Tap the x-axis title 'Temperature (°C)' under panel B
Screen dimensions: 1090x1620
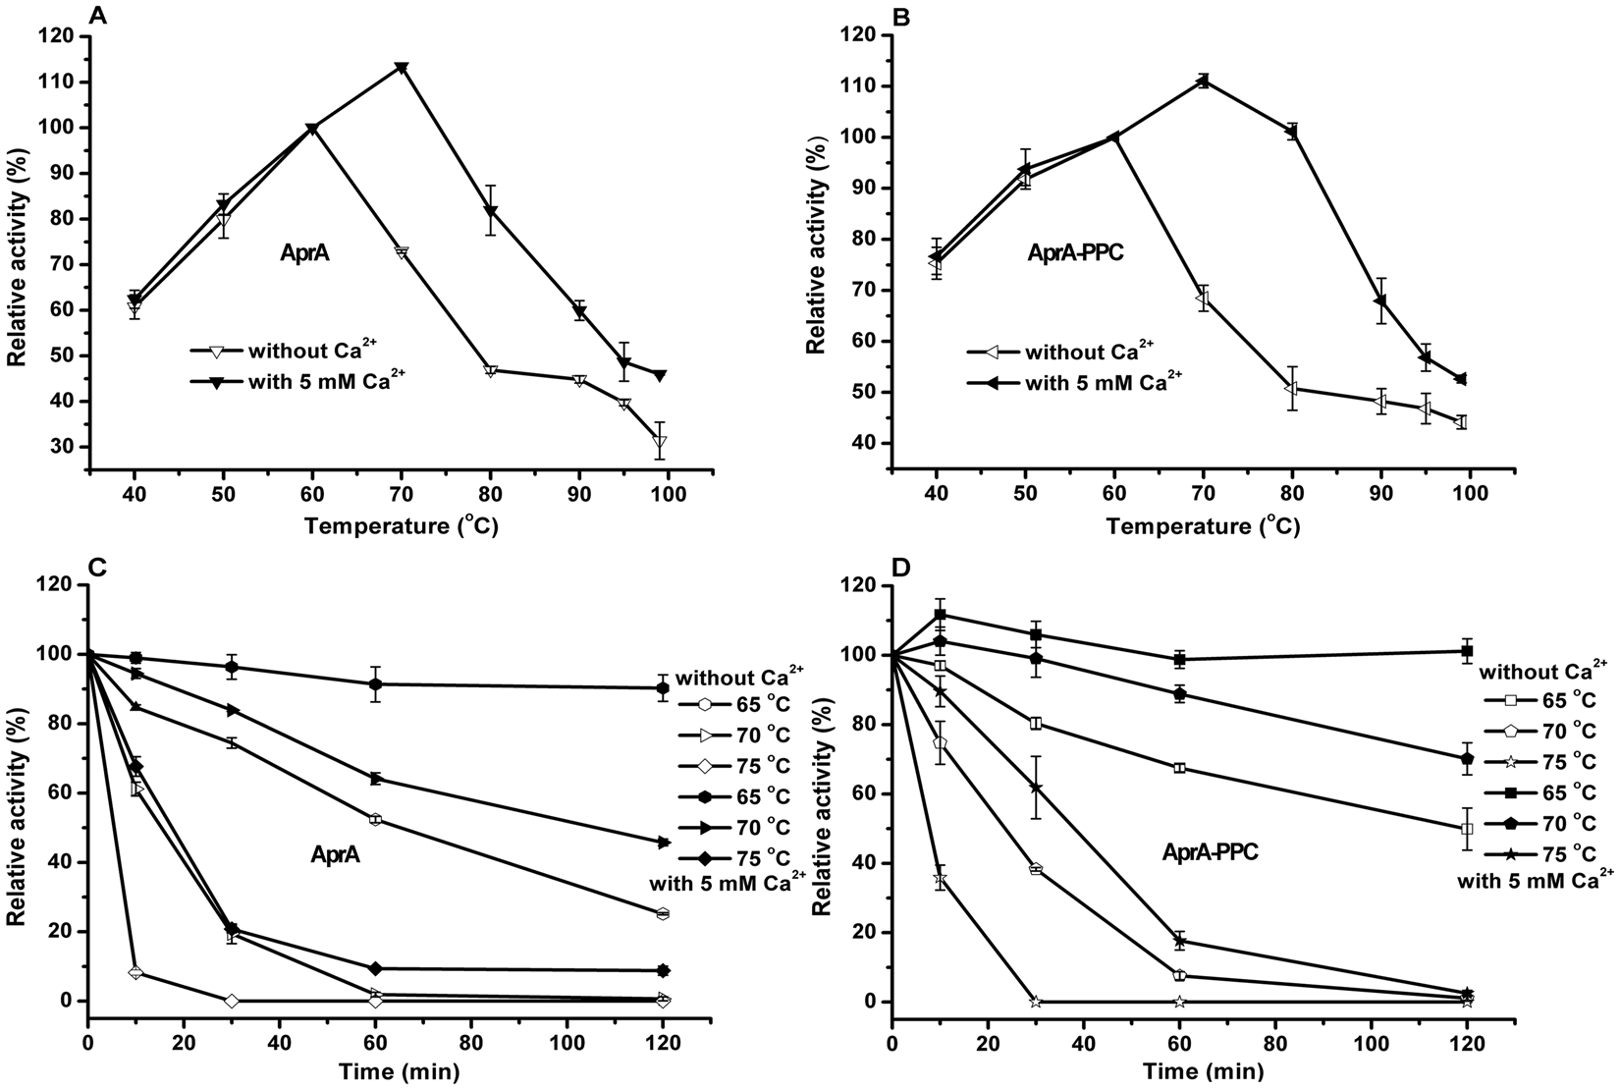1203,527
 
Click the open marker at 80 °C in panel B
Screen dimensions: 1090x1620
1292,388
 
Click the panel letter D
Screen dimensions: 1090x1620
898,569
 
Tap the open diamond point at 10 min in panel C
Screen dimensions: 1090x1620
135,973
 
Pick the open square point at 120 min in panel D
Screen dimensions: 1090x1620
1468,828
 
